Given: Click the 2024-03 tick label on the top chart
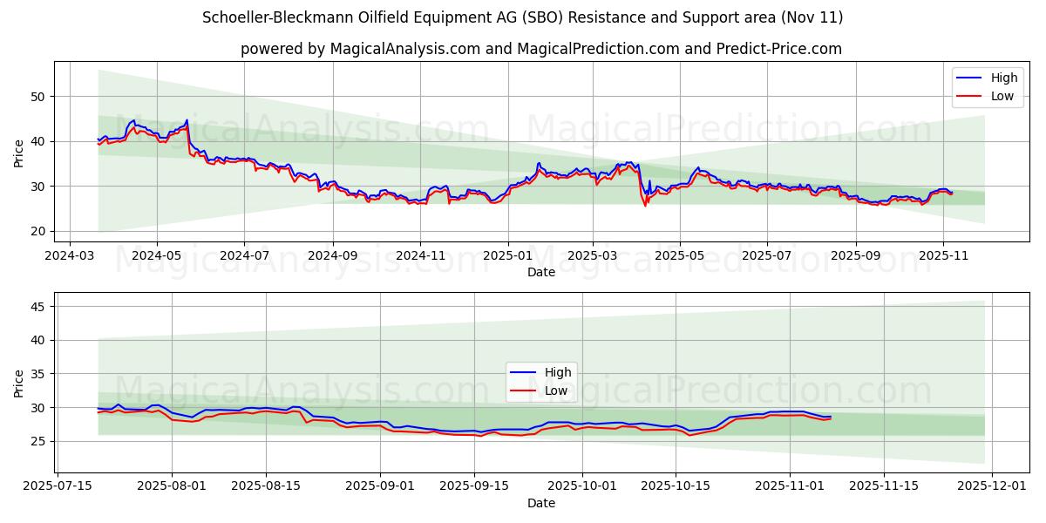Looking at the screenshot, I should point(70,256).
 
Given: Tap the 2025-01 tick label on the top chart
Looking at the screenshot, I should point(506,256).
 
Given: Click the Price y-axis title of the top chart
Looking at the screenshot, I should point(19,153).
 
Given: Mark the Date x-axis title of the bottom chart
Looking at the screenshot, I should point(541,504).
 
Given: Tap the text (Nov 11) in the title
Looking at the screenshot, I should point(811,17).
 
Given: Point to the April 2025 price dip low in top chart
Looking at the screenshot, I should point(645,206).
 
